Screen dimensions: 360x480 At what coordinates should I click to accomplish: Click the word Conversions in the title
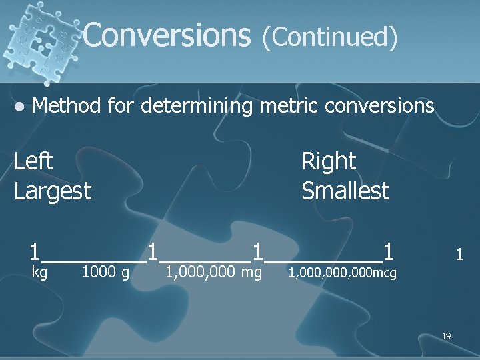click(x=166, y=35)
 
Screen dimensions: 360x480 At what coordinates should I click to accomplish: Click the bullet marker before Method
click(x=21, y=105)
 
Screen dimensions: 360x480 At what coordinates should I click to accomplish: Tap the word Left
click(x=34, y=161)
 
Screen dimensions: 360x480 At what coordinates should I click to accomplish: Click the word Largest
click(x=53, y=191)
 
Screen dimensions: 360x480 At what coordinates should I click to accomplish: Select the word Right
click(x=329, y=161)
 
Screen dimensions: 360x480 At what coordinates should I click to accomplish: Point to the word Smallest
click(x=345, y=191)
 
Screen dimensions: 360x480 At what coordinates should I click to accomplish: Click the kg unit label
click(x=40, y=272)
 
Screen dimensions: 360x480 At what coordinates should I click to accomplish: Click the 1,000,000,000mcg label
click(x=342, y=272)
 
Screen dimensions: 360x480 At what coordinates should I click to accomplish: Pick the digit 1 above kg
click(x=35, y=252)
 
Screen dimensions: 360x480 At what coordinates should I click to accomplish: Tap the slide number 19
click(x=447, y=336)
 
